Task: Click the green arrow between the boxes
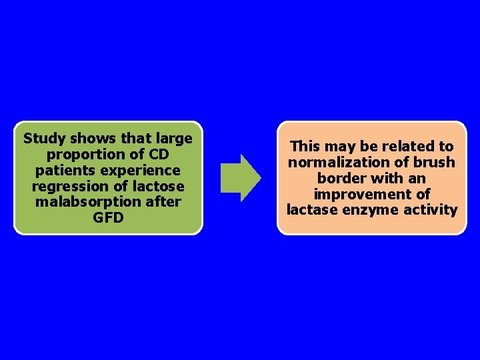(240, 177)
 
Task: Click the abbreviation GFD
(108, 217)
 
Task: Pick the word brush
(434, 162)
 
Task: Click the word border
(339, 178)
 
